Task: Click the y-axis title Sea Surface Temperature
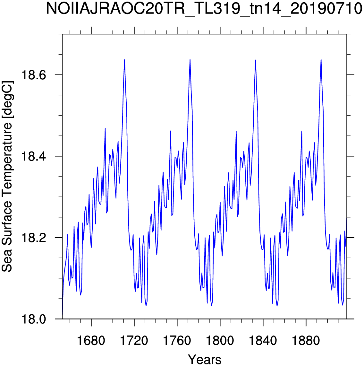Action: pyautogui.click(x=7, y=177)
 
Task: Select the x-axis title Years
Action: pyautogui.click(x=205, y=359)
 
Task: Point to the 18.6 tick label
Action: pyautogui.click(x=34, y=75)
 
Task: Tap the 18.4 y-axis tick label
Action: pyautogui.click(x=34, y=156)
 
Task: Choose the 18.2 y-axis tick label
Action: pyautogui.click(x=34, y=238)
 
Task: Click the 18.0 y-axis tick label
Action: pyautogui.click(x=34, y=319)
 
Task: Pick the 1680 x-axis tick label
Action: pyautogui.click(x=91, y=341)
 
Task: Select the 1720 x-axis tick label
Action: pyautogui.click(x=134, y=341)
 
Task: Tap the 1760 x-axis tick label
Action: pyautogui.click(x=177, y=341)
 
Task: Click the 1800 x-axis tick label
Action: pyautogui.click(x=220, y=341)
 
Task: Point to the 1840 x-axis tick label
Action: pyautogui.click(x=263, y=341)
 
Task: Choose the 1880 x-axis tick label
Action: pyautogui.click(x=306, y=341)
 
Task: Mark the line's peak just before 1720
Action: pyautogui.click(x=124, y=60)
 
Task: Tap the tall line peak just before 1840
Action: pyautogui.click(x=256, y=60)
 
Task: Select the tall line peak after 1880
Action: pyautogui.click(x=321, y=59)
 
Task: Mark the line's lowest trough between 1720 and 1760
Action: pyautogui.click(x=146, y=306)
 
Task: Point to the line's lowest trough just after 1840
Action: pyautogui.click(x=277, y=306)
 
